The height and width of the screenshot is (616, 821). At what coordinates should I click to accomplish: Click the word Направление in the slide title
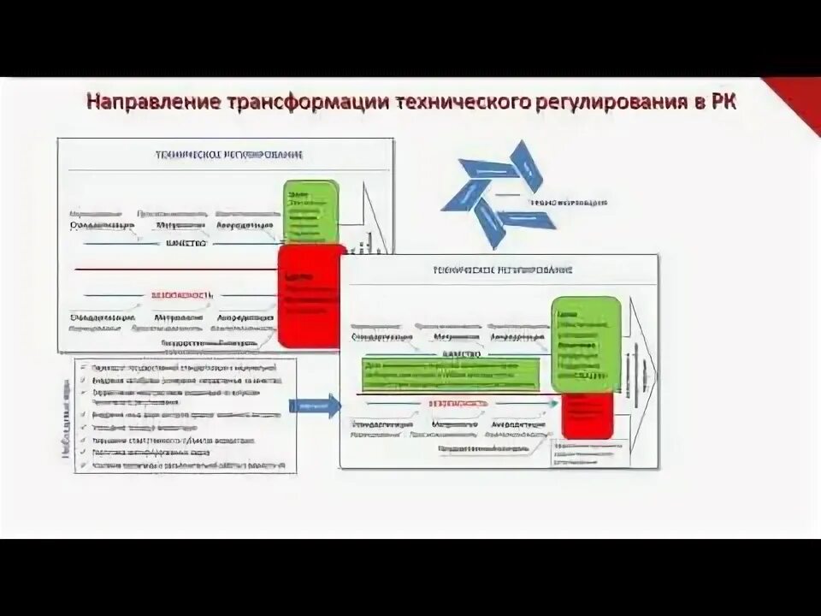(x=153, y=102)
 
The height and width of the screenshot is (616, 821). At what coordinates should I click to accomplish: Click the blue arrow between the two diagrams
(x=312, y=406)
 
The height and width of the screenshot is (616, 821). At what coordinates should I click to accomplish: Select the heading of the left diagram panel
(x=228, y=155)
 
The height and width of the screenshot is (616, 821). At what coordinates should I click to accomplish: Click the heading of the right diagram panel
(x=502, y=270)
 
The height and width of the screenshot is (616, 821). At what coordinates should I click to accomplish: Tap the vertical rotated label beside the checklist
(x=66, y=417)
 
